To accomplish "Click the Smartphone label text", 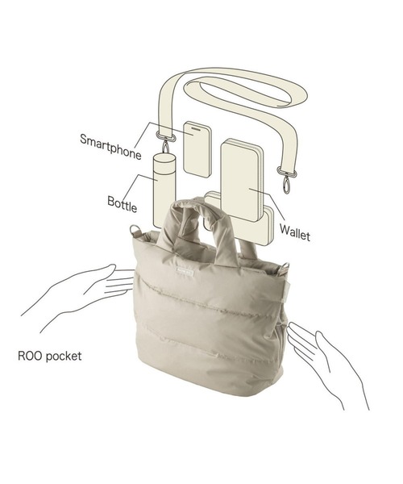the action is (110, 147).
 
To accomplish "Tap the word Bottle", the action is (122, 204).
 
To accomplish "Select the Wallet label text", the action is (295, 233).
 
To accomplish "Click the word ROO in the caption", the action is (29, 356).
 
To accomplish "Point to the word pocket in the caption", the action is (63, 357).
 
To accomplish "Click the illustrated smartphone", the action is (197, 149).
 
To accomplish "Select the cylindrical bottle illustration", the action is (164, 191).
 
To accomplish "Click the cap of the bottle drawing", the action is (164, 159).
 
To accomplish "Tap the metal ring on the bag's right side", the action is (285, 268).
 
